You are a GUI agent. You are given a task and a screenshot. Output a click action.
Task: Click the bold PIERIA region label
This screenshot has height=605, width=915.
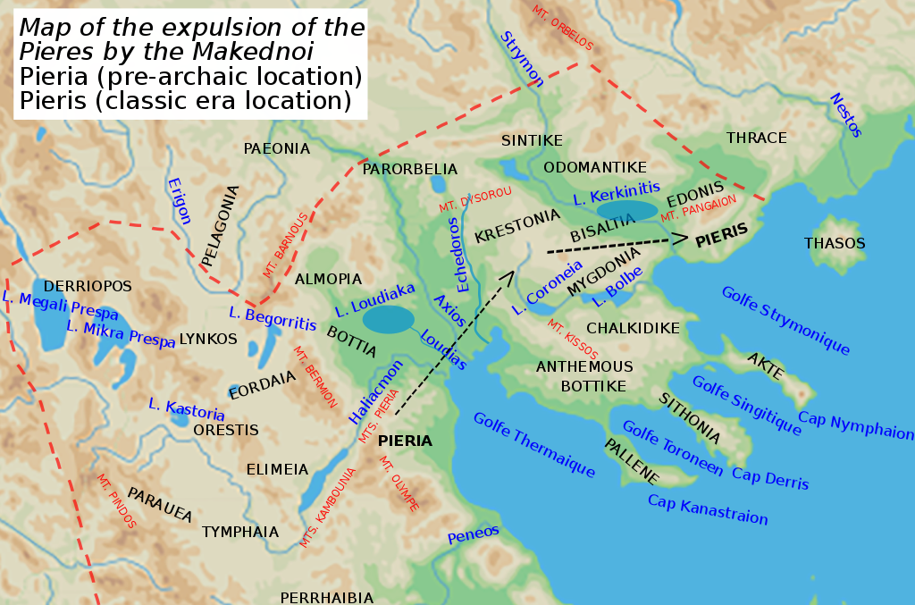(405, 441)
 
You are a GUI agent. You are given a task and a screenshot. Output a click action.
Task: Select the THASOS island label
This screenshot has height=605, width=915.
(835, 243)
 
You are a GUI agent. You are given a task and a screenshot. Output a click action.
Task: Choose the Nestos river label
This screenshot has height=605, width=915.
(845, 115)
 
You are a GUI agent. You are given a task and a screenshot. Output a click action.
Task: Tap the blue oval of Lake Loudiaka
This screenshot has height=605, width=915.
(389, 319)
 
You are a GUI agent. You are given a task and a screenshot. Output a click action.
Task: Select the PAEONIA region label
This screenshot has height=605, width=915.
(276, 148)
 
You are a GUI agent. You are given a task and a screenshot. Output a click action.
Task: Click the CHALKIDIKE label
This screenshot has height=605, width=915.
(633, 328)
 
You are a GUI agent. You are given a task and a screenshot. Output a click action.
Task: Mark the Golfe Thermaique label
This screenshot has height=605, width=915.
(533, 445)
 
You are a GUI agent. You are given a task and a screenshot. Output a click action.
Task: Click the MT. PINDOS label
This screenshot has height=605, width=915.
(116, 501)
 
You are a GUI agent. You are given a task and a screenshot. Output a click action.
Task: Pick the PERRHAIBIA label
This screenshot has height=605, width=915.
(327, 597)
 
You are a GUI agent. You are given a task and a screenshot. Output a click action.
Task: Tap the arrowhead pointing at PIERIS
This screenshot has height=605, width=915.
(679, 239)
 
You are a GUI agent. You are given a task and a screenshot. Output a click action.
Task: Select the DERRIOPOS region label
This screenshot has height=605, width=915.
(88, 286)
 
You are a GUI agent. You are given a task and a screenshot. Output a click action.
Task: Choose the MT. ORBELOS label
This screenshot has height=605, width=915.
(562, 28)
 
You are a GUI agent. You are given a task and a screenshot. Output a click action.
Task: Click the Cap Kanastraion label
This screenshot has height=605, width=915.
(708, 510)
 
